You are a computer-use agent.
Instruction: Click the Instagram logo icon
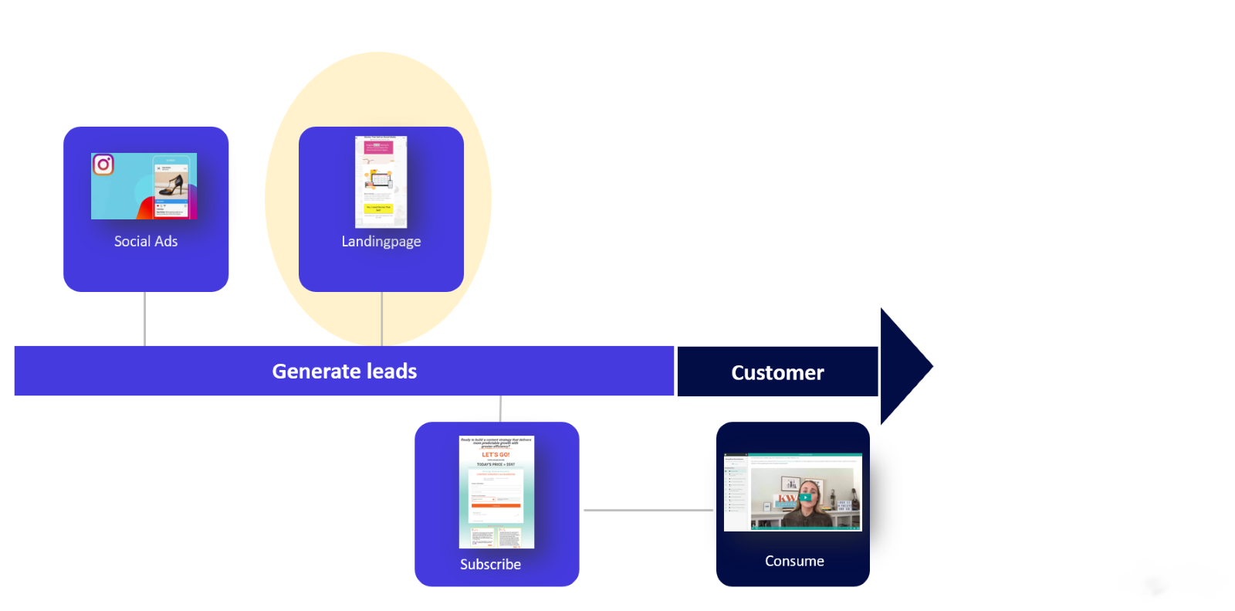[103, 165]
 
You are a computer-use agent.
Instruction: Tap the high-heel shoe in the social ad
[171, 186]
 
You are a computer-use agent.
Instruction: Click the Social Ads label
[146, 242]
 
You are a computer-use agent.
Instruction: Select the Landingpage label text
[381, 242]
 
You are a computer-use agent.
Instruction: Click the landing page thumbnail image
[381, 182]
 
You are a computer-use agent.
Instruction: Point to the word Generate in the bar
[316, 372]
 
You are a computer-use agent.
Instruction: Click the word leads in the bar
[392, 372]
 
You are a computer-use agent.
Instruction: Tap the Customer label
[777, 373]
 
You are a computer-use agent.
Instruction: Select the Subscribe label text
[490, 565]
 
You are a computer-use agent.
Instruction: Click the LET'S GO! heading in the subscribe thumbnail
[496, 455]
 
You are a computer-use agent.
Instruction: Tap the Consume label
[794, 562]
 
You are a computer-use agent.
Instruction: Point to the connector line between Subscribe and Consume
[648, 510]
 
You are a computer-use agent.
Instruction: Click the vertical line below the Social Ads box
[145, 318]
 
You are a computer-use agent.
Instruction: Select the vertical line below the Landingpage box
[381, 318]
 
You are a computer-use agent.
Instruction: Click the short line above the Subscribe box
[500, 409]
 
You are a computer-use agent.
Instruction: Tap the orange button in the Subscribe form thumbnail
[496, 506]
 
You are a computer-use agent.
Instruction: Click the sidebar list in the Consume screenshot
[736, 490]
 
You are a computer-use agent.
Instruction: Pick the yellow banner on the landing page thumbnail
[379, 208]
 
